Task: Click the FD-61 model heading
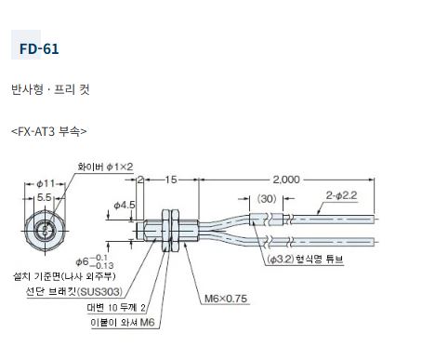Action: pos(39,49)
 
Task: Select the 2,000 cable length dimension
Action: pos(286,180)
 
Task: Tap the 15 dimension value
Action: pos(171,180)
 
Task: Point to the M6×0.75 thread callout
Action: pos(226,299)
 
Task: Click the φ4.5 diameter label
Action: pos(125,205)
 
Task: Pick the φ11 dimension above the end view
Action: pos(46,184)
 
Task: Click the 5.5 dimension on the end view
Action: pos(44,197)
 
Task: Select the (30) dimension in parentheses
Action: pos(267,198)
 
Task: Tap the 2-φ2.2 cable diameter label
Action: pos(341,195)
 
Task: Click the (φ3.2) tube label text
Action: pos(281,259)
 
